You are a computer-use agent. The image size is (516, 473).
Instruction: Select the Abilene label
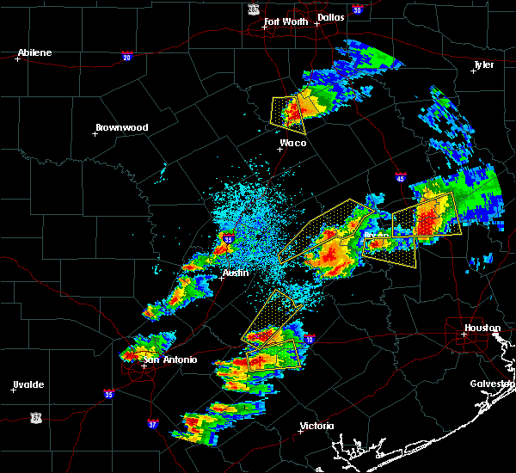click(x=34, y=52)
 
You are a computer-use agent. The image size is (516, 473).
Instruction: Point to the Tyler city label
click(x=483, y=65)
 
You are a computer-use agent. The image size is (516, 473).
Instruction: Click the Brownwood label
click(x=121, y=127)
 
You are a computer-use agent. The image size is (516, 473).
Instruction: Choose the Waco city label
click(x=292, y=143)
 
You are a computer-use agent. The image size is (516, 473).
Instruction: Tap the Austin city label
click(x=235, y=273)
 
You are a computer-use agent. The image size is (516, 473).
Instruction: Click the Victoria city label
click(x=316, y=426)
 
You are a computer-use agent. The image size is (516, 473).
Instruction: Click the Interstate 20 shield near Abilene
click(x=126, y=56)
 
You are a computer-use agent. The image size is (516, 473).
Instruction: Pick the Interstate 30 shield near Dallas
click(x=357, y=9)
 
